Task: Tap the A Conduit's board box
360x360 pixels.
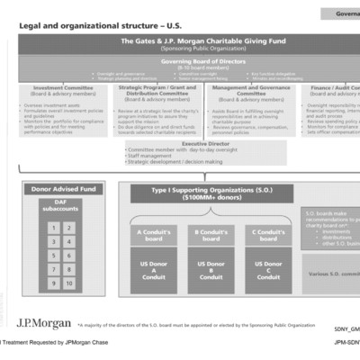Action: click(x=151, y=236)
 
